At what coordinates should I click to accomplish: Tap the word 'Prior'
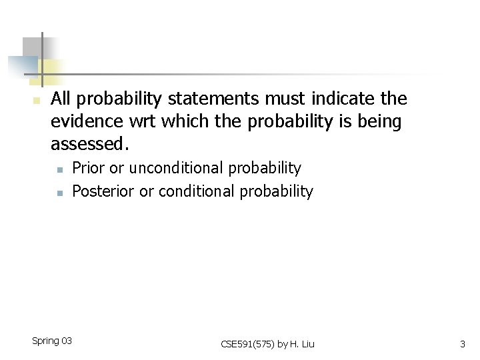(88, 169)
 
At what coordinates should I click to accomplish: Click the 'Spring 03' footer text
(52, 341)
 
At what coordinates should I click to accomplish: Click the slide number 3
(462, 344)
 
